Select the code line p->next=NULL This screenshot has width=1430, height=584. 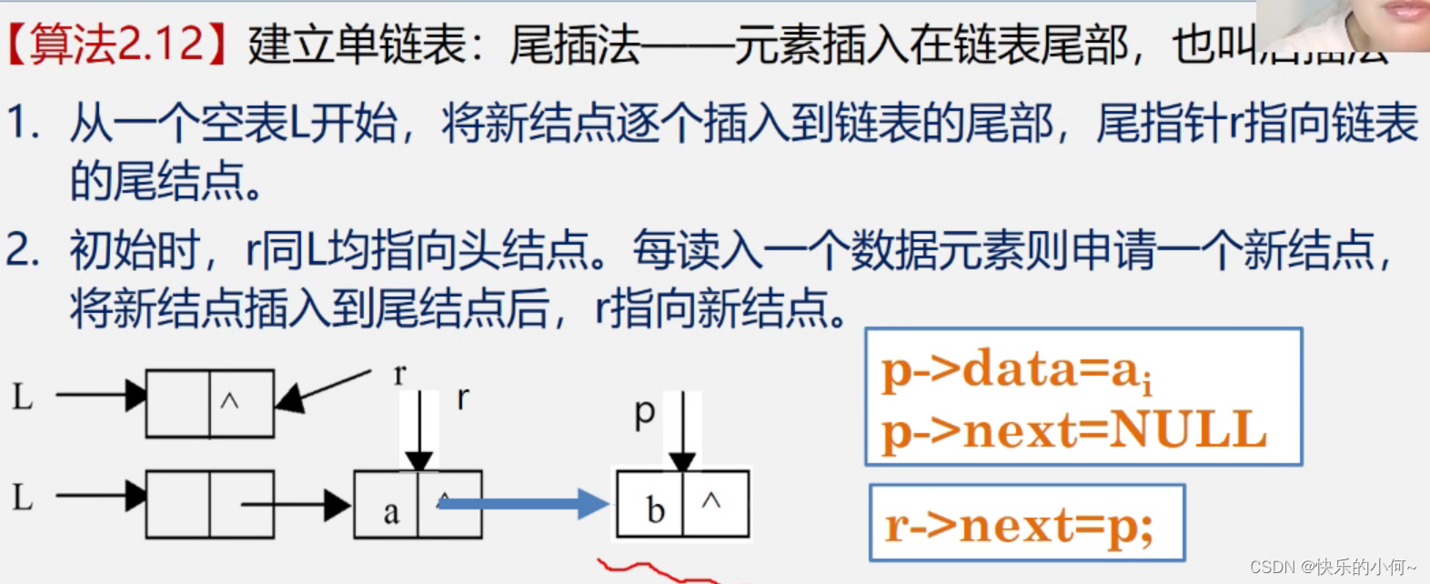pos(1073,430)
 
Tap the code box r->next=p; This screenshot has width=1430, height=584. pos(1026,524)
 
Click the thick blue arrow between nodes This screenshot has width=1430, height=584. pos(523,503)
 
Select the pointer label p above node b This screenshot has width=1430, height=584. pos(644,413)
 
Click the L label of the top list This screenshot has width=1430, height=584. pos(23,396)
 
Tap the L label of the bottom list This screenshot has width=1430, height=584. pos(23,498)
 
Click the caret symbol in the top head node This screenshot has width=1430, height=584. pos(230,400)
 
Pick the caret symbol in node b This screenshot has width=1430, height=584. pos(712,500)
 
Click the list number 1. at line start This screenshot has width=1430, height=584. pos(22,124)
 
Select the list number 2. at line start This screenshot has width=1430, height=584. pos(22,249)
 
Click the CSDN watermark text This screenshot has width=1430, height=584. pos(1333,568)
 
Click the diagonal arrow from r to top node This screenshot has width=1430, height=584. pos(323,388)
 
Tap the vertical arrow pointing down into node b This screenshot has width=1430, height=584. pos(682,432)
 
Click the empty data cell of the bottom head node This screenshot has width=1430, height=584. pos(178,504)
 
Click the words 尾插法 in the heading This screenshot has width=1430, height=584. pos(575,45)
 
